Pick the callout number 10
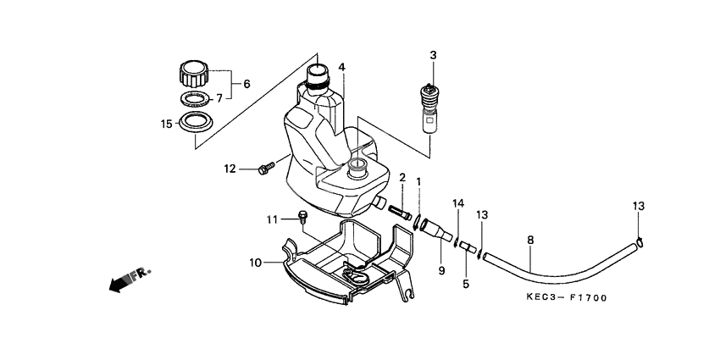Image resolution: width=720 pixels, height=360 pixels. [x=254, y=263]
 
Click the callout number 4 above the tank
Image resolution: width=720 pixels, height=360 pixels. [x=341, y=66]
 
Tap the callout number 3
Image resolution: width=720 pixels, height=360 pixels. [x=432, y=55]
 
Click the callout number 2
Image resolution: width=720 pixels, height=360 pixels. [x=402, y=178]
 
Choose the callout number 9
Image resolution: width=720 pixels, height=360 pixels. [x=441, y=270]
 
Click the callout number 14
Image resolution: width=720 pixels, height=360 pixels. [x=458, y=203]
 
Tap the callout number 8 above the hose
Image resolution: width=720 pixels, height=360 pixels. [x=530, y=241]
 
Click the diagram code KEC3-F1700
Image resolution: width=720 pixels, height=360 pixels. [x=566, y=298]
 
